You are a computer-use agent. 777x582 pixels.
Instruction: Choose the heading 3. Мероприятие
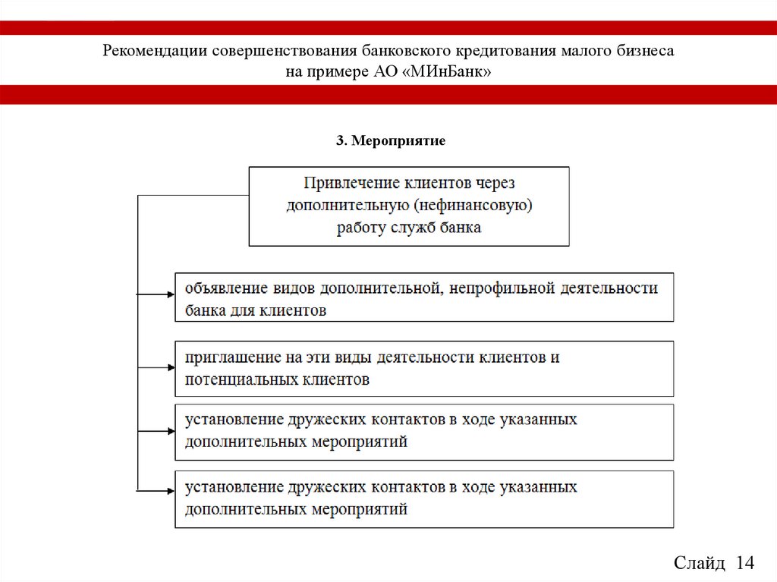[390, 141]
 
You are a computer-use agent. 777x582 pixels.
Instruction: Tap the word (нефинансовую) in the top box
[473, 205]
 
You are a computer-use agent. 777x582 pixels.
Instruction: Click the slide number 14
[745, 563]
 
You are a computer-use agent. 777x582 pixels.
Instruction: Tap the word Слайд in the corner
[699, 563]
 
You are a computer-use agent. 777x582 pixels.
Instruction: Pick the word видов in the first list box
[293, 288]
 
